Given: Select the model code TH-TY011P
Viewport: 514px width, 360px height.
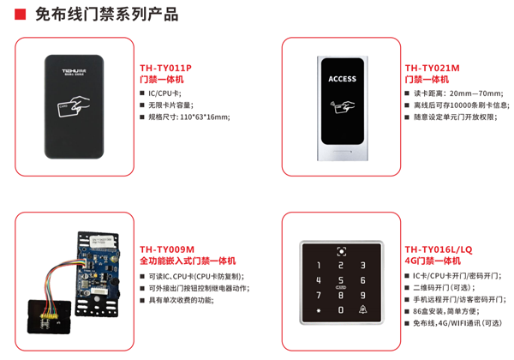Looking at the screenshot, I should (165, 67).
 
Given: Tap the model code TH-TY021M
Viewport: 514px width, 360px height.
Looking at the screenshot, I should (432, 67).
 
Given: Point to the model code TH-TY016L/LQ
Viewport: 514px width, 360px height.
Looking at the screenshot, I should (438, 249).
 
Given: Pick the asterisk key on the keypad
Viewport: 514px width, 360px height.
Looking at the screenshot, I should (319, 309).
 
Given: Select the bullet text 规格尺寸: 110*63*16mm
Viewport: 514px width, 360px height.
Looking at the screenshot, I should (189, 116).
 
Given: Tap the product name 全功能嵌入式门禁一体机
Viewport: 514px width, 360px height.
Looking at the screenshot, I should (188, 261).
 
